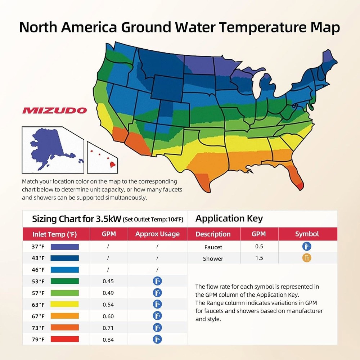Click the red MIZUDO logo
click(54, 110)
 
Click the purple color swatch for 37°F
click(64, 247)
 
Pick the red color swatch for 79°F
click(64, 339)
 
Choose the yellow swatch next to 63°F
click(64, 304)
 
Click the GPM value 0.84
click(108, 339)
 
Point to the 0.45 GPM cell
click(108, 281)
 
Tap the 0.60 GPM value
click(108, 316)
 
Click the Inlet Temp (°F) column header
click(55, 234)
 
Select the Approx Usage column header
click(157, 234)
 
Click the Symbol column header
click(307, 234)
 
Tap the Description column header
click(213, 234)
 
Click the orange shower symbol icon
click(307, 258)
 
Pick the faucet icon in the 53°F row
click(157, 281)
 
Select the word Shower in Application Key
click(213, 258)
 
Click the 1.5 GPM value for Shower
click(259, 258)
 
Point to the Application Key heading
click(229, 219)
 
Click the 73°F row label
click(38, 328)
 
